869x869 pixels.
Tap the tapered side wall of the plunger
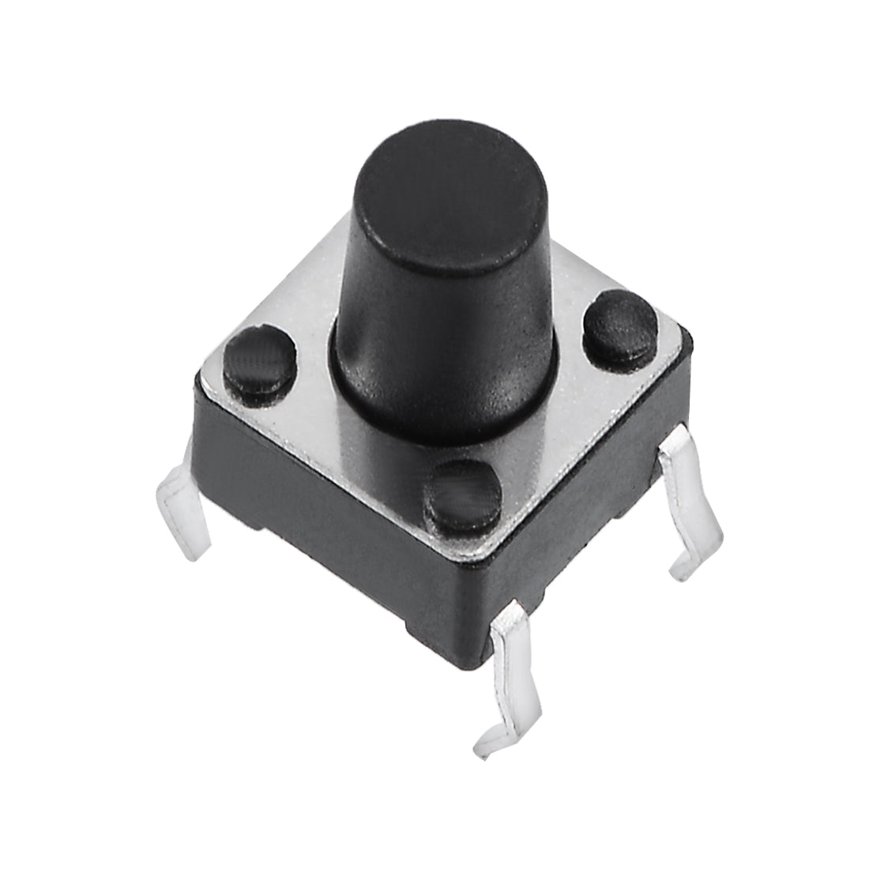click(442, 340)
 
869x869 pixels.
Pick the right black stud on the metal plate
click(619, 323)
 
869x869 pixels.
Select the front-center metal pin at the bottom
click(513, 671)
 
